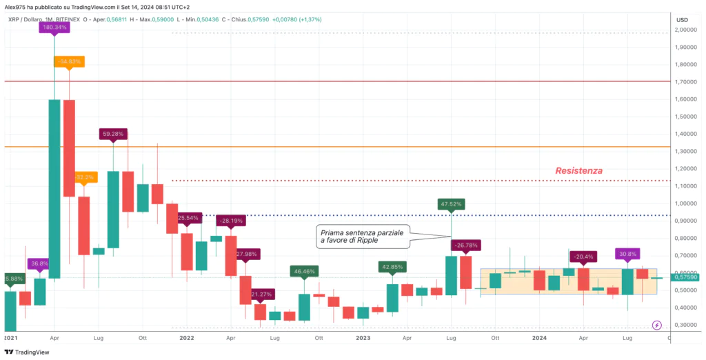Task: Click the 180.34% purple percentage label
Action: (x=55, y=28)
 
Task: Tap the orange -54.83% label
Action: (x=70, y=61)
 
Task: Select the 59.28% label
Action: (x=113, y=134)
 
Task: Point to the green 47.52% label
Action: (x=451, y=204)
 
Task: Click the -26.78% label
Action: (x=465, y=245)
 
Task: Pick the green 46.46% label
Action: (x=305, y=271)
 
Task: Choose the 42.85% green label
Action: (x=392, y=266)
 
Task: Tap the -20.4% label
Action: (x=583, y=258)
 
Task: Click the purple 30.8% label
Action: (x=627, y=254)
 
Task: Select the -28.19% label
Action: (x=230, y=221)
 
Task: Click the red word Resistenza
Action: (x=579, y=170)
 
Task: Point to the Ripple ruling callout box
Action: (x=363, y=237)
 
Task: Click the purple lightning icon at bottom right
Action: (x=656, y=325)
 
